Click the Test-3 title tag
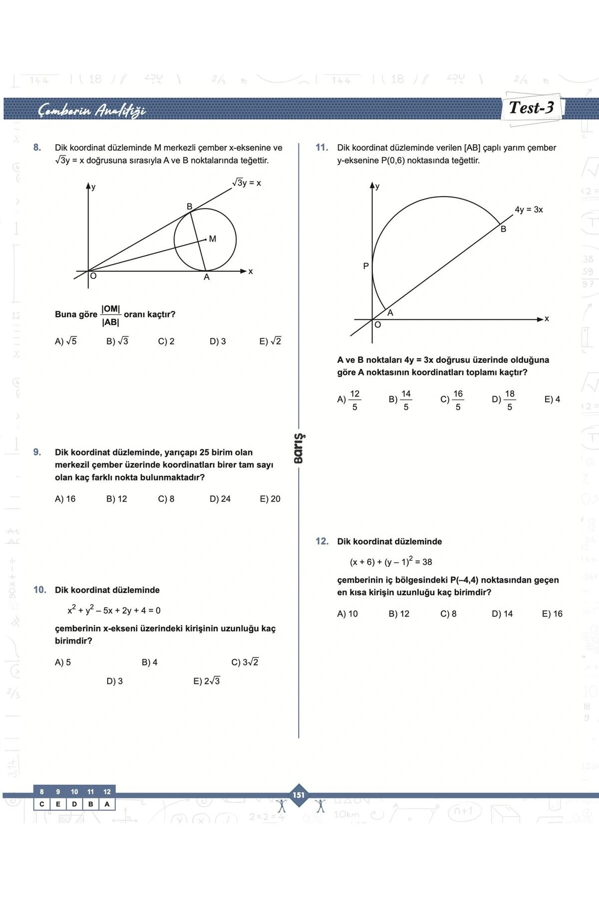(532, 108)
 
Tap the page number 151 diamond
(299, 794)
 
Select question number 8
(37, 147)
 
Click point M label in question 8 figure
(213, 239)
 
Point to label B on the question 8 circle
(189, 207)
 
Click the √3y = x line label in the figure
(247, 183)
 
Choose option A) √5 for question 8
(66, 341)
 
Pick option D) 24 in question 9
(220, 499)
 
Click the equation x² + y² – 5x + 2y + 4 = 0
(114, 610)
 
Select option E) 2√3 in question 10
(207, 681)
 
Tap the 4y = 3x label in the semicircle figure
(529, 210)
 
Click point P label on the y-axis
(366, 266)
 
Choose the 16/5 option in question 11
(452, 400)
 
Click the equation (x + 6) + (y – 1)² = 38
(391, 562)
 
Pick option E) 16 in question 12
(552, 614)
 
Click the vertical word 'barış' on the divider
(299, 449)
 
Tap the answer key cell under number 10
(74, 804)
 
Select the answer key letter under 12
(107, 804)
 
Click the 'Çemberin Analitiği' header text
(92, 110)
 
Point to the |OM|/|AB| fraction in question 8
(110, 315)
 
